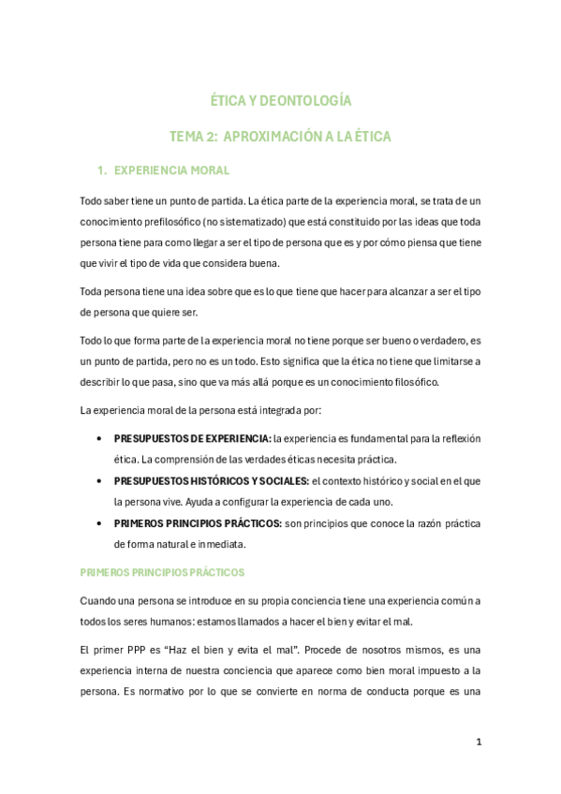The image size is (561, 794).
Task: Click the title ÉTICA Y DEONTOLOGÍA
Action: pos(280,100)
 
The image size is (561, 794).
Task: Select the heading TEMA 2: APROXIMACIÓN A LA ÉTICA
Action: pos(280,136)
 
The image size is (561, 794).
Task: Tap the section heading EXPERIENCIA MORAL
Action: pos(171,170)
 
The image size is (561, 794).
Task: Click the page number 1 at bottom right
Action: pos(479,743)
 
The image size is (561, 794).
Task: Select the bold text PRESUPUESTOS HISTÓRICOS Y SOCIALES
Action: pos(212,480)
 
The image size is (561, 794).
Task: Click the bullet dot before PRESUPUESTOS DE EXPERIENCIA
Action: pos(99,438)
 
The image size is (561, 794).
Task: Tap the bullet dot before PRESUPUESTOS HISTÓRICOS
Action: pos(99,480)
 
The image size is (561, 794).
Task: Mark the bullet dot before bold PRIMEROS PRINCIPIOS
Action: pos(99,522)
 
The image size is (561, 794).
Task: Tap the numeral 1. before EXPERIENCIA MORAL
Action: pos(102,170)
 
